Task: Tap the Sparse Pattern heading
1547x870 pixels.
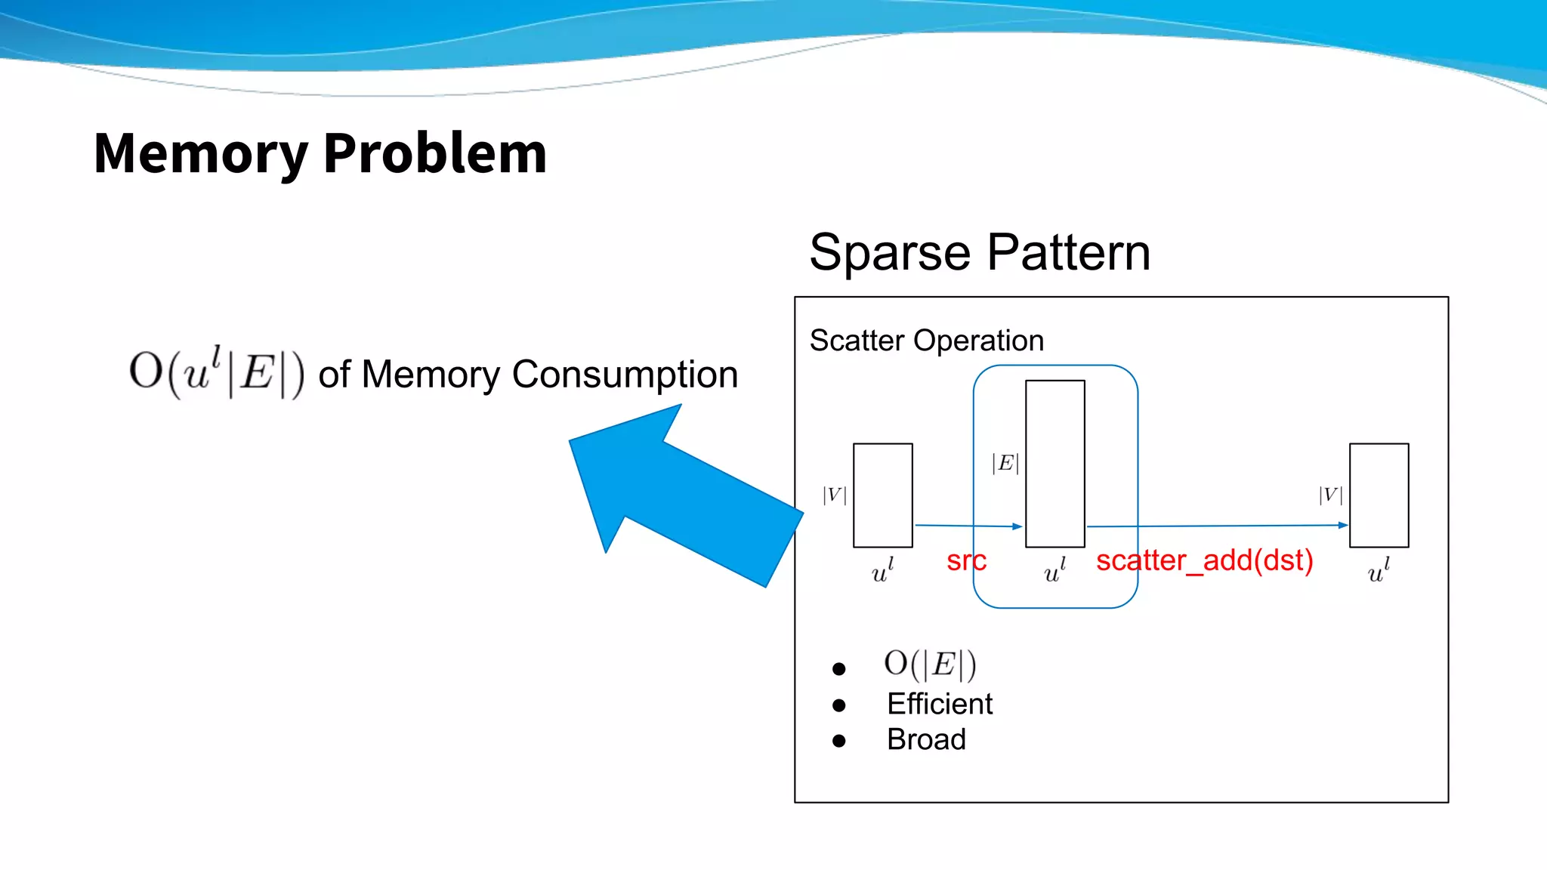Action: click(x=979, y=252)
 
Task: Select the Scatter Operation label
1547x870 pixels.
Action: click(x=926, y=341)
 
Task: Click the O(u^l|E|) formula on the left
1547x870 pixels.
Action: click(x=217, y=372)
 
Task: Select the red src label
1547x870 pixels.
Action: click(x=965, y=561)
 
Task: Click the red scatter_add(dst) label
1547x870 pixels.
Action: click(x=1204, y=561)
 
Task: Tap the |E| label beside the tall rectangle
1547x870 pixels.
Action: click(x=1005, y=463)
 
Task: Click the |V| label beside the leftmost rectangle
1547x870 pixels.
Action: click(x=834, y=495)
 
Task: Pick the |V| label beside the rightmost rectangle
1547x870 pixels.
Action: click(x=1330, y=495)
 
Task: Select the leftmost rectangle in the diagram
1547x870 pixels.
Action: click(x=882, y=495)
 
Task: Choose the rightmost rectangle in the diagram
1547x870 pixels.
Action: click(x=1379, y=495)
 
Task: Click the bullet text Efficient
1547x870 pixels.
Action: click(x=939, y=704)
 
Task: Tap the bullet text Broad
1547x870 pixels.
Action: click(x=926, y=739)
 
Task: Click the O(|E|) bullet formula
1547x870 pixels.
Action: click(x=930, y=665)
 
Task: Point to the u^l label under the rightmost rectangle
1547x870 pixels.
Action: click(x=1378, y=572)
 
